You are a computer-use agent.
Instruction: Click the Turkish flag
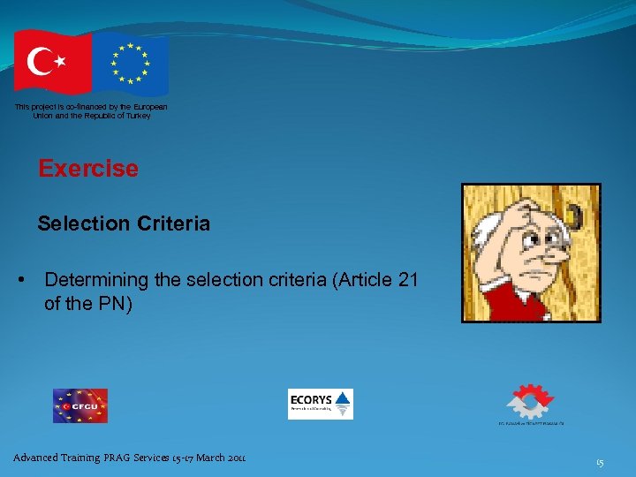[52, 62]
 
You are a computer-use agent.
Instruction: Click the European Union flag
[132, 64]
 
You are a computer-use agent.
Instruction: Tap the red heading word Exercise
[88, 169]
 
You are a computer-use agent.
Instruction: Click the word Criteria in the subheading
[173, 224]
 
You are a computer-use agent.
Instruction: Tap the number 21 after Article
[408, 281]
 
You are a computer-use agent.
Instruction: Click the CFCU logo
[79, 405]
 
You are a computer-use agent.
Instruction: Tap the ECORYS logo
[320, 404]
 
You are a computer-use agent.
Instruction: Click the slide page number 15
[600, 461]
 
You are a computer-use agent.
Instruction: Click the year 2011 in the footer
[234, 458]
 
